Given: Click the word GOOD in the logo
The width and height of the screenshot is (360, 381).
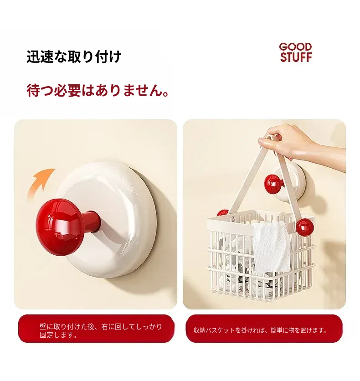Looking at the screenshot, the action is (x=295, y=47).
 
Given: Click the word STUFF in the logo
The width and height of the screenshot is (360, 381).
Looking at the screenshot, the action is (x=296, y=57).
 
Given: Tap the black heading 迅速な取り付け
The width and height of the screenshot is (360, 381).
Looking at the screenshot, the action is (x=74, y=57).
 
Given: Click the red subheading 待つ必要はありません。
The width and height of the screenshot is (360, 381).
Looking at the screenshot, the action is (x=98, y=90).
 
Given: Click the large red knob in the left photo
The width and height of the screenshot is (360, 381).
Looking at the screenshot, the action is (x=61, y=227).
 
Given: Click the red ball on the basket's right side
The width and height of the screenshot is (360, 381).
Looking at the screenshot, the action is (x=305, y=227).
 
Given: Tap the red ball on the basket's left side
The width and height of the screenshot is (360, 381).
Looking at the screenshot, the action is (x=222, y=213).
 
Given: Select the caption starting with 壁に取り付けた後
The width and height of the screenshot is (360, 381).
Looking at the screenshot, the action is (x=101, y=331).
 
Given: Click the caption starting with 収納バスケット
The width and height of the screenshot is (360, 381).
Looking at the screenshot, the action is (x=260, y=330).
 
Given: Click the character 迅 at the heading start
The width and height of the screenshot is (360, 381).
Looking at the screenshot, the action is (x=33, y=57).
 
